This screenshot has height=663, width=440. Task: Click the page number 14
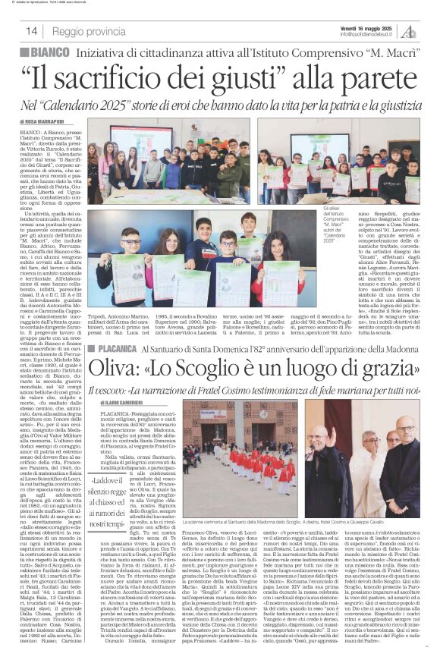click(32, 31)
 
